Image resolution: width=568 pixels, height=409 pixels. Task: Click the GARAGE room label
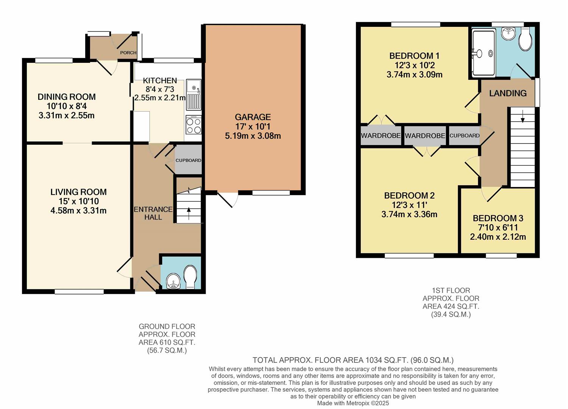(253, 117)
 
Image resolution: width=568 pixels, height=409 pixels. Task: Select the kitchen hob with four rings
(193, 125)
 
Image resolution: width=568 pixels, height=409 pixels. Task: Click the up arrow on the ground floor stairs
(189, 212)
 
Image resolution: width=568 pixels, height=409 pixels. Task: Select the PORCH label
(128, 53)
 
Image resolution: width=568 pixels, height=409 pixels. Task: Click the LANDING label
(507, 93)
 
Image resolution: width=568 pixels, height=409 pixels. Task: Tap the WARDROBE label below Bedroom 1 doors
(380, 136)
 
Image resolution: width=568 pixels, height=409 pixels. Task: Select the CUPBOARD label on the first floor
(464, 136)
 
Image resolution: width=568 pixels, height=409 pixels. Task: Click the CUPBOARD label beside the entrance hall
(188, 160)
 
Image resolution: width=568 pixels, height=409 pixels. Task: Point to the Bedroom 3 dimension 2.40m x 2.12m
(498, 237)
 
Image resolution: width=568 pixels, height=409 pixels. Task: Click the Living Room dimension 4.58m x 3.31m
(78, 211)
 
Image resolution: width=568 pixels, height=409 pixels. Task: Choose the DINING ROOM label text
(67, 97)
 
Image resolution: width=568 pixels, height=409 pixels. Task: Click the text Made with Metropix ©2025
(353, 403)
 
